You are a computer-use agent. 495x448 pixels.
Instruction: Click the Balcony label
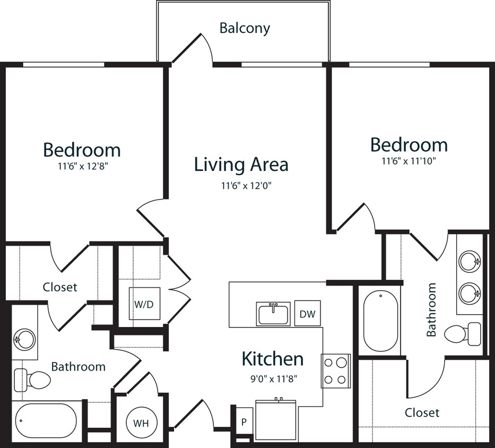tap(245, 28)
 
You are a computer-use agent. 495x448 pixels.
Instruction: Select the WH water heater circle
tap(141, 423)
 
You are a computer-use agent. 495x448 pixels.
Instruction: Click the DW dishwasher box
tap(307, 314)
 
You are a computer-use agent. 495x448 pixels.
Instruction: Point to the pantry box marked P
tap(244, 422)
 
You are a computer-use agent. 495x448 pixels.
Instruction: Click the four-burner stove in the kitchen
tap(335, 371)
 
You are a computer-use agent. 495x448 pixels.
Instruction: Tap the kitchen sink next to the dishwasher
tap(273, 314)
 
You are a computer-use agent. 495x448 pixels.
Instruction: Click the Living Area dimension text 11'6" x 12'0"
tap(241, 186)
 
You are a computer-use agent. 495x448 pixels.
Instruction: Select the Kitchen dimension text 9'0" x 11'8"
tap(273, 379)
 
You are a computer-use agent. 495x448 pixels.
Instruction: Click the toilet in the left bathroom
tap(32, 378)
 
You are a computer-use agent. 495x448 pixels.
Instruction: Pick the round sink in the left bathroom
tap(24, 338)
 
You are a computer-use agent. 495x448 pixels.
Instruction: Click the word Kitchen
tap(273, 359)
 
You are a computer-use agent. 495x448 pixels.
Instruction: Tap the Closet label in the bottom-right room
tap(422, 412)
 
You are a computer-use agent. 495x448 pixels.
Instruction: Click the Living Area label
tap(241, 164)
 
